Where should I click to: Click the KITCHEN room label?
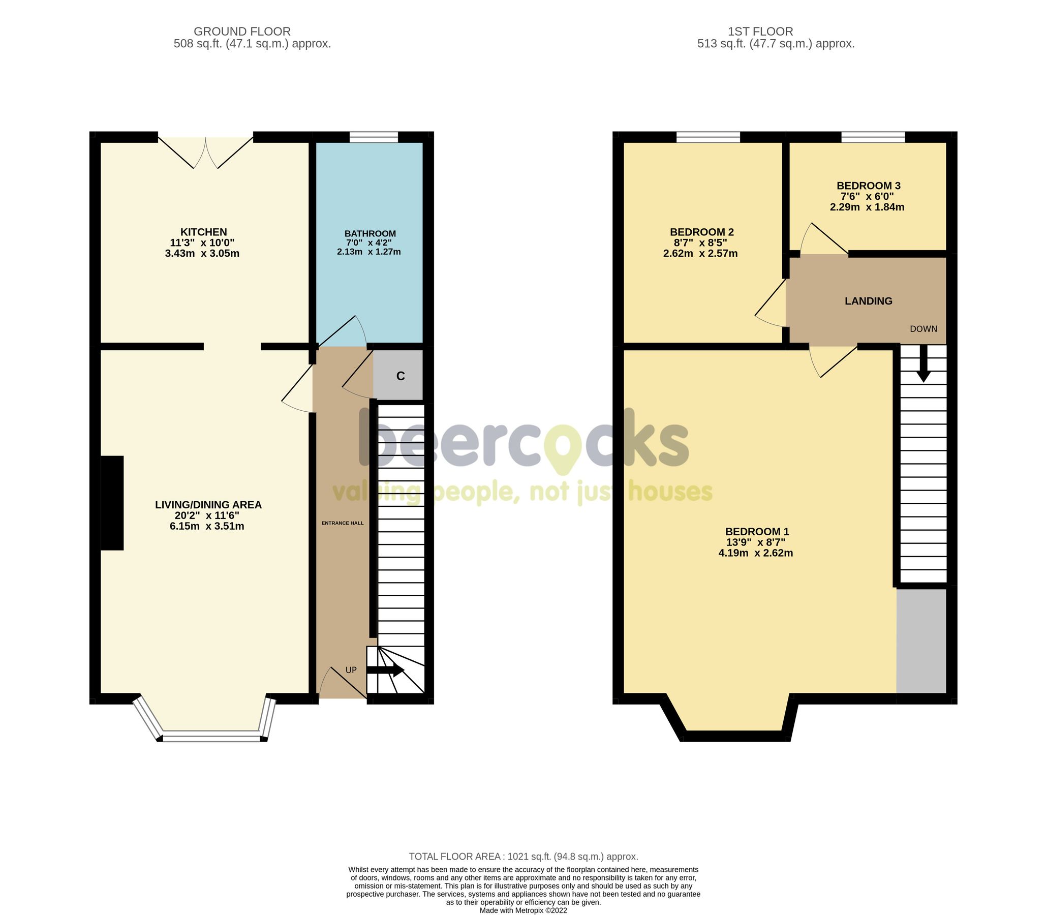203,232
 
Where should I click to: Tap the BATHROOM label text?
369,234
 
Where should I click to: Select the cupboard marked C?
399,376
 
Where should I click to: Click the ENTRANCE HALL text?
343,523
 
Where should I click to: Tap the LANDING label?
868,301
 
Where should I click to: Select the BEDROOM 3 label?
868,186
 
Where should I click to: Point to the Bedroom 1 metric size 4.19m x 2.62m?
755,553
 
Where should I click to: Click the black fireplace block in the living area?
112,503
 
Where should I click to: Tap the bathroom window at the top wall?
374,137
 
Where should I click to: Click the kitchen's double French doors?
205,151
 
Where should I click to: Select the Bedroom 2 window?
707,137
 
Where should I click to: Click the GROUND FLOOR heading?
242,32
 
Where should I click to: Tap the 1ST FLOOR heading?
760,32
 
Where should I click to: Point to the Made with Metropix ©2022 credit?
523,910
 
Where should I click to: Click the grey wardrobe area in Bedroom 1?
921,642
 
